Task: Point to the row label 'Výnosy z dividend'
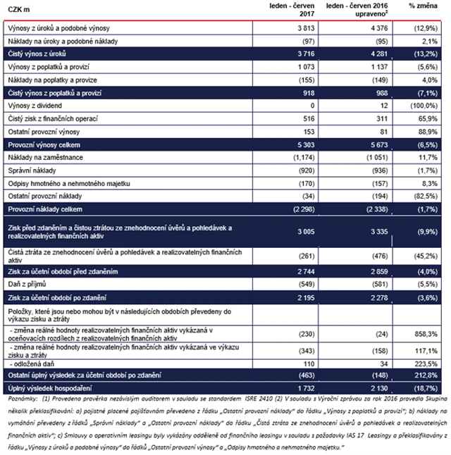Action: click(33, 105)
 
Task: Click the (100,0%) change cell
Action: click(427, 105)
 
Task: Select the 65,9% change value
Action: click(431, 118)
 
